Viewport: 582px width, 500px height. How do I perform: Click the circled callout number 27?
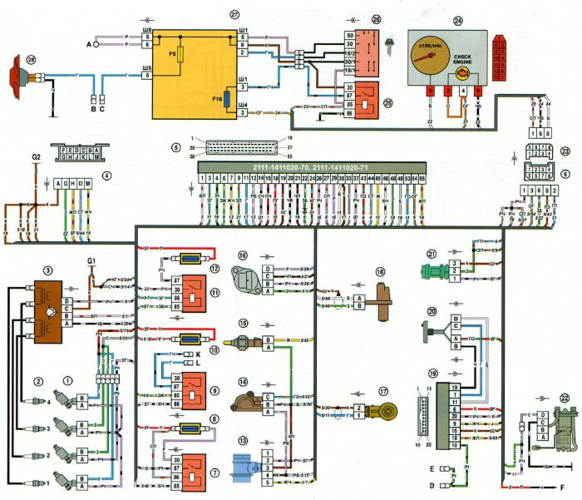[210, 15]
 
